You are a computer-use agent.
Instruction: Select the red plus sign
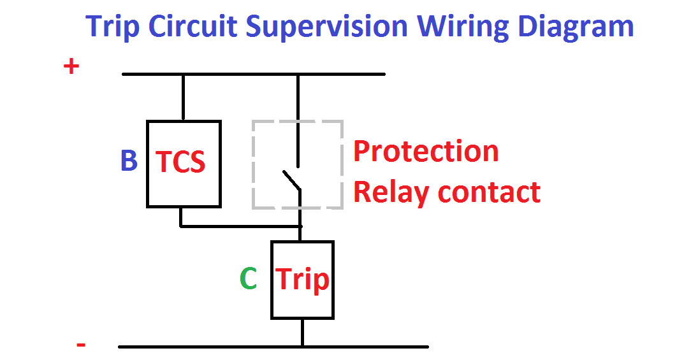(x=71, y=66)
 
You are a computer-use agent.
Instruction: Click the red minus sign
(x=81, y=345)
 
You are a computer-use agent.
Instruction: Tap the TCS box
(x=184, y=164)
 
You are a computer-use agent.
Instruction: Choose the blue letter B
(x=129, y=161)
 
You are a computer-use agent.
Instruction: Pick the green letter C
(x=248, y=278)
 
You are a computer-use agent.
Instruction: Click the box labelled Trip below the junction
(x=302, y=280)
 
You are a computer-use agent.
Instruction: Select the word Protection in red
(x=426, y=152)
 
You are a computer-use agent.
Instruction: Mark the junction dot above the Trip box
(x=300, y=226)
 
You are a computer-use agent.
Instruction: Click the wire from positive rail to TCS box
(x=183, y=97)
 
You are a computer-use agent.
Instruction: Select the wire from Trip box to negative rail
(x=302, y=333)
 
